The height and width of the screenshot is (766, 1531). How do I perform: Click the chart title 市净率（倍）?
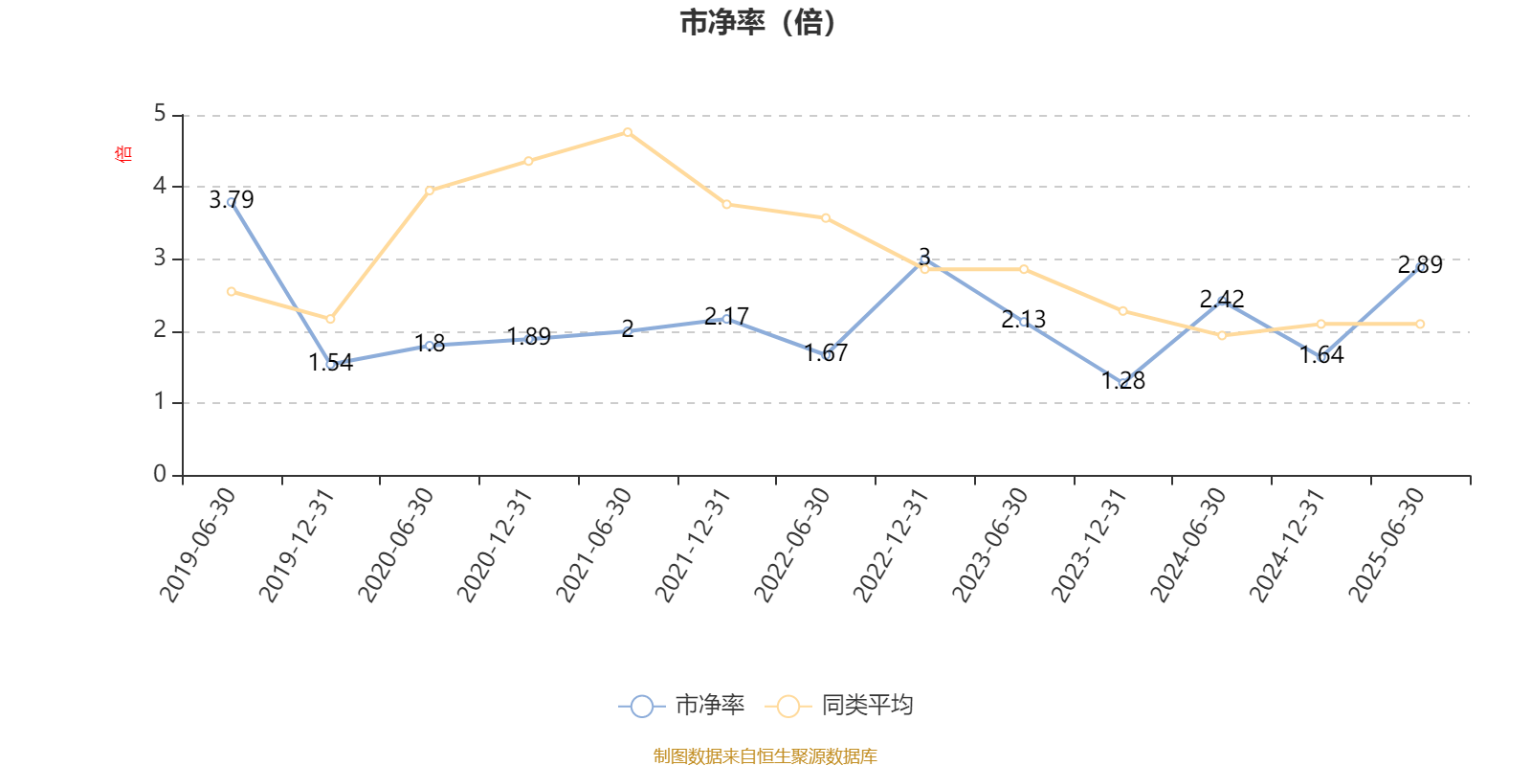point(757,23)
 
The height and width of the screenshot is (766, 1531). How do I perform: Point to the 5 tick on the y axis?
point(160,115)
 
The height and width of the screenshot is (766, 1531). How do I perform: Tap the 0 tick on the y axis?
point(160,475)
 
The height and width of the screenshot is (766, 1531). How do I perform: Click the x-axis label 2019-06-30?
point(198,545)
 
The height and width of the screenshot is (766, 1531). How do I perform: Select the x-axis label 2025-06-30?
point(1387,545)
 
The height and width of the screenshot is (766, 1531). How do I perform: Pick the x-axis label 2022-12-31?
point(892,545)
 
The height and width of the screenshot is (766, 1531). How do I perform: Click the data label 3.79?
point(232,200)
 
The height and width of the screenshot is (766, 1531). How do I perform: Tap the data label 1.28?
point(1123,381)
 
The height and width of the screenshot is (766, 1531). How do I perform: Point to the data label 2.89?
point(1420,265)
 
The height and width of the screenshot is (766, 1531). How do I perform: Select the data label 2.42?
point(1222,299)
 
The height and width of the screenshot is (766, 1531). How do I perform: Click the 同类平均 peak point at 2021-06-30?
point(628,132)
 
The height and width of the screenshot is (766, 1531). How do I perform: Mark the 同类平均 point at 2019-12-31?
point(330,319)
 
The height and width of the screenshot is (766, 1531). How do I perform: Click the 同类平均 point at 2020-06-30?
point(430,191)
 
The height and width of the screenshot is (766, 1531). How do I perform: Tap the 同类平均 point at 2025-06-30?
point(1420,324)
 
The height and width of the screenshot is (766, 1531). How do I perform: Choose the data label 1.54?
point(331,363)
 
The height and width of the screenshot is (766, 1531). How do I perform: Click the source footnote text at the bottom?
point(765,756)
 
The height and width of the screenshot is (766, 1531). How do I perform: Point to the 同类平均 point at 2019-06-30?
point(232,291)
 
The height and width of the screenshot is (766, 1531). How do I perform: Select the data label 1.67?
point(826,353)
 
